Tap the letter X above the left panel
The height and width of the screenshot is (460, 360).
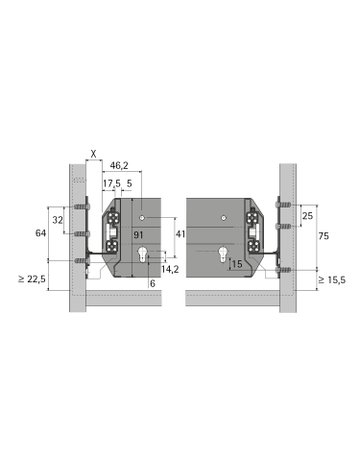click(x=92, y=154)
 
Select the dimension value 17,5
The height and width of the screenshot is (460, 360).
click(x=111, y=184)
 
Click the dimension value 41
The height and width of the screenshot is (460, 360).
click(x=179, y=233)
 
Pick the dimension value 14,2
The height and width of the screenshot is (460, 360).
click(x=171, y=268)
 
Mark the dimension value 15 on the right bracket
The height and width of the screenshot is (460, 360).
click(x=235, y=264)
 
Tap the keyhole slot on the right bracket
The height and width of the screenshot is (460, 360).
click(x=218, y=257)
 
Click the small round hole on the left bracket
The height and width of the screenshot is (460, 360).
click(x=142, y=216)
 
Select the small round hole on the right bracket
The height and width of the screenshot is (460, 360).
click(x=219, y=216)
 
